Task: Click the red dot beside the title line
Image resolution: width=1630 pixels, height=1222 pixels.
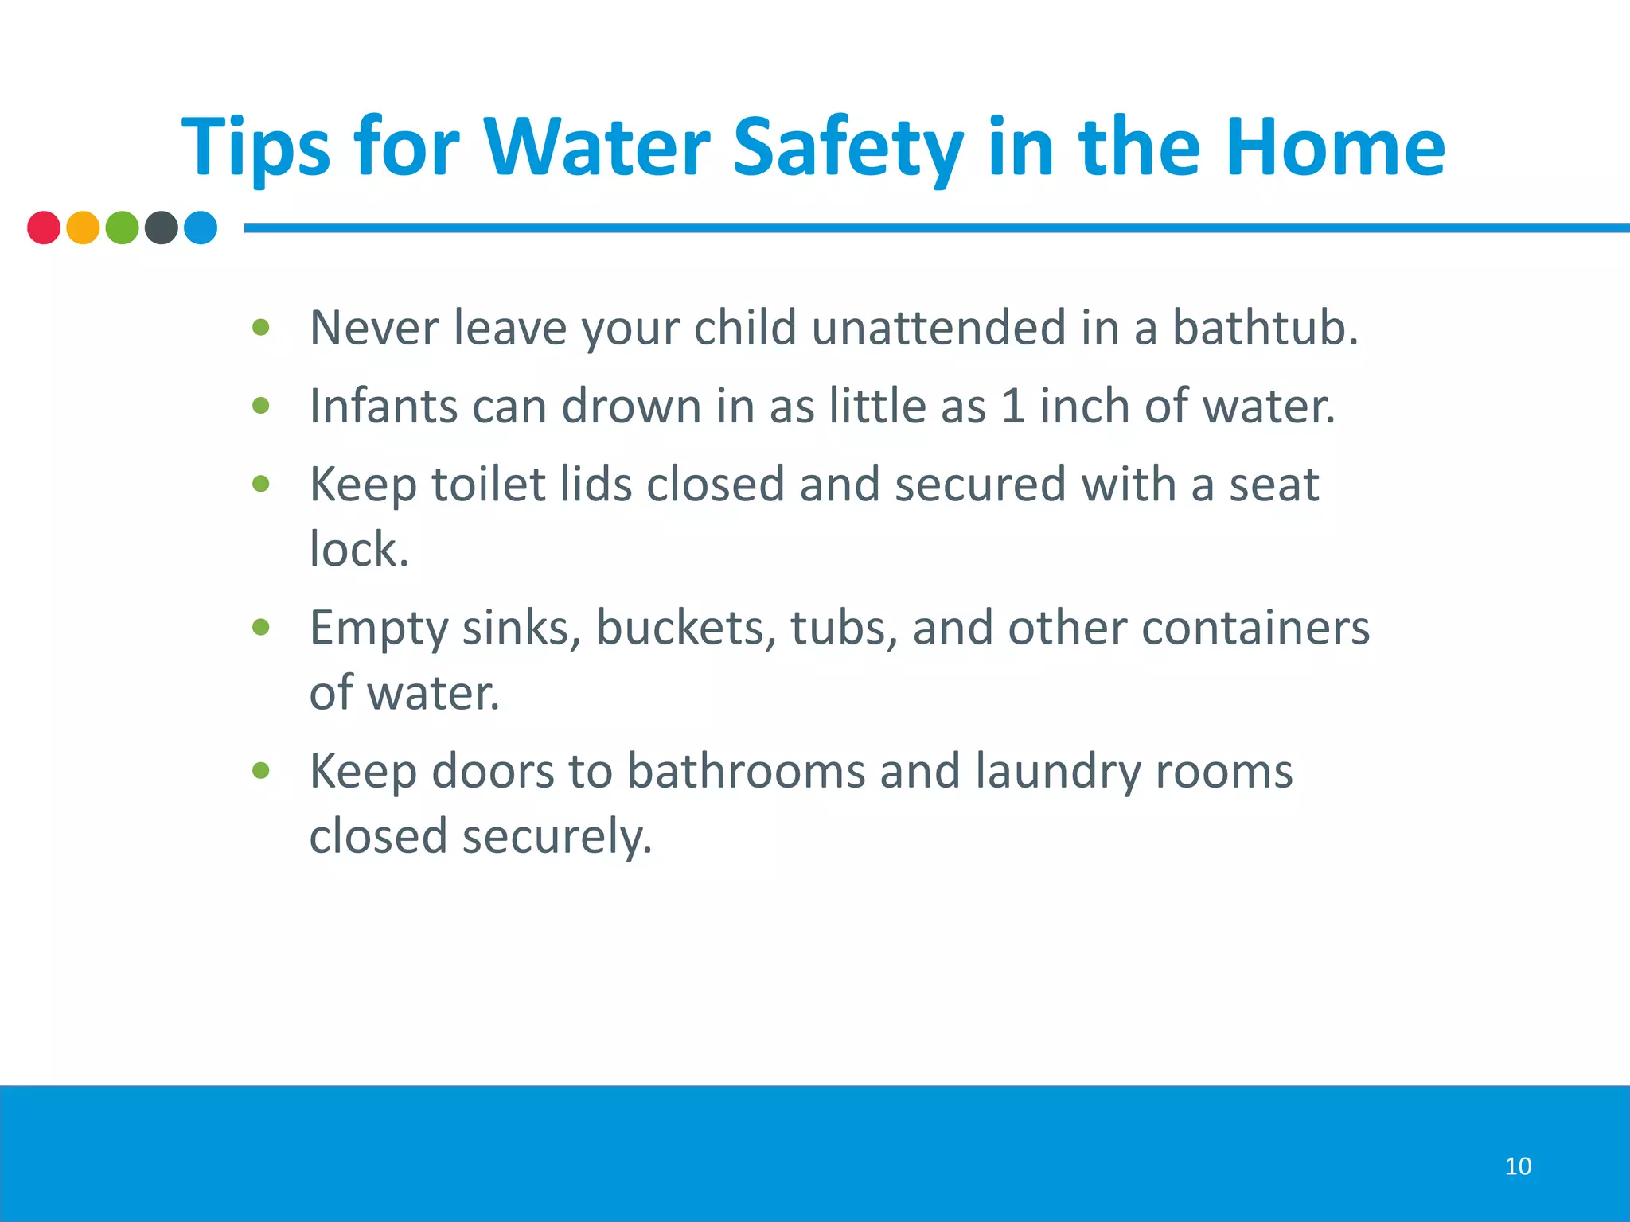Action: tap(44, 228)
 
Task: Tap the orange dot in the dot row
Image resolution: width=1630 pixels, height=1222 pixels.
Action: tap(83, 228)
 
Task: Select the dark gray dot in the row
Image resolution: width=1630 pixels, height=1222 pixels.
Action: tap(162, 228)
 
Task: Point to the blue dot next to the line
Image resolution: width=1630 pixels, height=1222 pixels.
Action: tap(201, 228)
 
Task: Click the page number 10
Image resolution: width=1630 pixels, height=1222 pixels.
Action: tap(1518, 1166)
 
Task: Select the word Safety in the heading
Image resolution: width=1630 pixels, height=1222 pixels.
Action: tap(848, 150)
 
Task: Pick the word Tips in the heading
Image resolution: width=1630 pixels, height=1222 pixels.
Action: tap(255, 150)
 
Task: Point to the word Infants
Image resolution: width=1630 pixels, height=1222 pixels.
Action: tap(383, 406)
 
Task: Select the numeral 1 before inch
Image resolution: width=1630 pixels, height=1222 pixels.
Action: tap(1012, 406)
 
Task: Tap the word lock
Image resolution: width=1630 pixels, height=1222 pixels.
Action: tap(357, 549)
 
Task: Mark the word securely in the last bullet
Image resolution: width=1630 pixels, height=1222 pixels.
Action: tap(556, 838)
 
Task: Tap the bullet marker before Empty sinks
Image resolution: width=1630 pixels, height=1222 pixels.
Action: tap(261, 627)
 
